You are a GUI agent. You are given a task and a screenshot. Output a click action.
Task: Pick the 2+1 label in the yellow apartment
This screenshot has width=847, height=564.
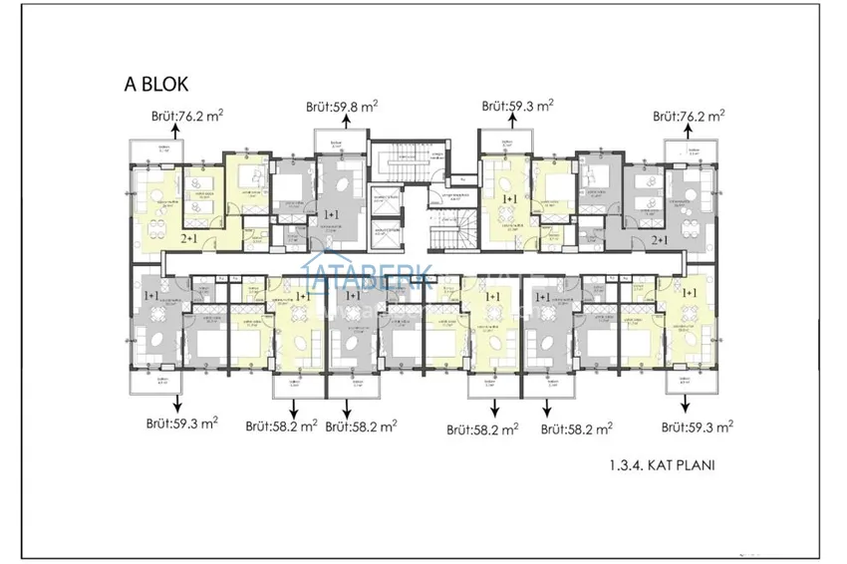188,239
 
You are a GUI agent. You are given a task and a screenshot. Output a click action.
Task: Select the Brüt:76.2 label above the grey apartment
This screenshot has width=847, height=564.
689,116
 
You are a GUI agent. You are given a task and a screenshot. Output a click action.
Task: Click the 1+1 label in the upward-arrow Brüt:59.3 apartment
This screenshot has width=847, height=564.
509,200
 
